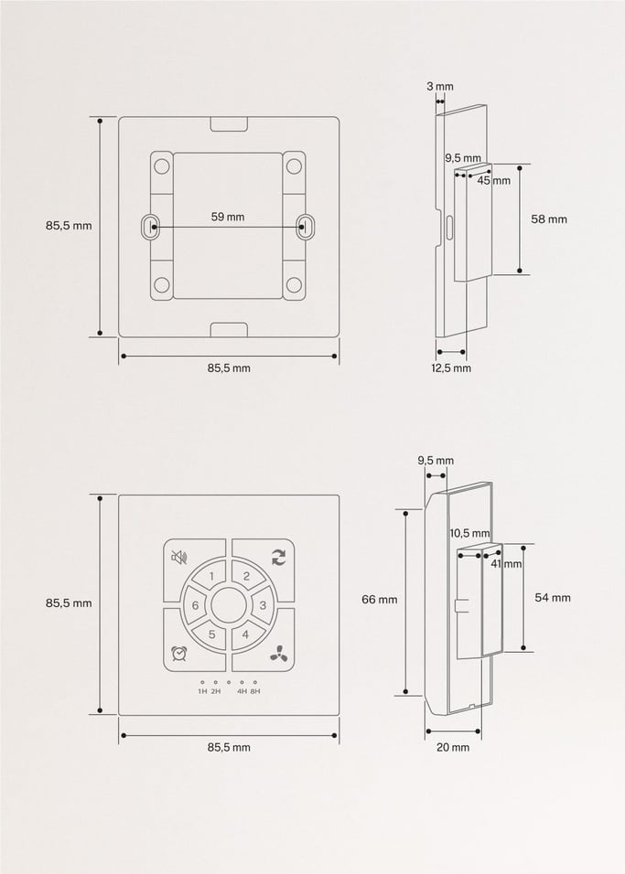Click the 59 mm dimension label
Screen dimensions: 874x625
click(x=228, y=217)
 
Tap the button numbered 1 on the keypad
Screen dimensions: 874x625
click(x=211, y=576)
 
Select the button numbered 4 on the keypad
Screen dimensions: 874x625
click(x=245, y=634)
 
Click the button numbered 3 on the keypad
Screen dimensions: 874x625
click(x=262, y=605)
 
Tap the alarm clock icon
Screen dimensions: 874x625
click(x=179, y=654)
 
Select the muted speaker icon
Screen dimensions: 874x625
click(x=179, y=557)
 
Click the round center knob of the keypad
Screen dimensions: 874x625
click(x=228, y=604)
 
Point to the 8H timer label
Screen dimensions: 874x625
click(x=255, y=691)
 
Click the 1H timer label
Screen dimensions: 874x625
click(x=202, y=691)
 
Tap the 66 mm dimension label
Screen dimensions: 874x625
click(x=380, y=600)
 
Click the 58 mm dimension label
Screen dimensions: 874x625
click(x=549, y=219)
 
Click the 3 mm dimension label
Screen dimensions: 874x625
click(x=439, y=87)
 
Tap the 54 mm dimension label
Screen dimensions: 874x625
click(x=553, y=597)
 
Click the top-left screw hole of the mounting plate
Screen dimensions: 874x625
click(x=162, y=166)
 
